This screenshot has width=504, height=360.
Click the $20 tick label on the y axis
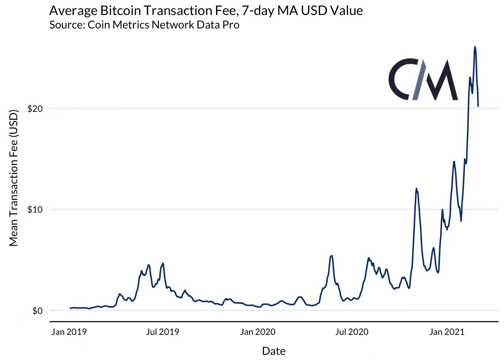tap(35, 109)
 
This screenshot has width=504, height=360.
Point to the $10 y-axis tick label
tap(35, 210)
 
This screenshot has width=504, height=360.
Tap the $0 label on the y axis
tap(37, 311)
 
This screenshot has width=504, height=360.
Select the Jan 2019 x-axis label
tap(69, 332)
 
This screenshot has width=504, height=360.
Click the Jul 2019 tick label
tap(162, 332)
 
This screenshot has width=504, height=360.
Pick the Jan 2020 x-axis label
tap(258, 332)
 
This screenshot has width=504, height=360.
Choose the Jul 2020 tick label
tap(352, 332)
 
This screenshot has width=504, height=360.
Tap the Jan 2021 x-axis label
tap(447, 332)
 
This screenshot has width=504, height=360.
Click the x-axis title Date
tap(274, 351)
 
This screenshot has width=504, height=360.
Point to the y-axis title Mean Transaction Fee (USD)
tap(13, 178)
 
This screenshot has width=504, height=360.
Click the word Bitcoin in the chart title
tap(121, 10)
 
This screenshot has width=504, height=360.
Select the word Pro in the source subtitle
tap(231, 25)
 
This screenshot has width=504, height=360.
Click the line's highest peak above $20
tap(475, 47)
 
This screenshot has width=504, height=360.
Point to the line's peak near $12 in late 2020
tap(416, 189)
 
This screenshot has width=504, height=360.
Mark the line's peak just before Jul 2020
tap(331, 256)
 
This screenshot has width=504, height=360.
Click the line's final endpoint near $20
tap(478, 106)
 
